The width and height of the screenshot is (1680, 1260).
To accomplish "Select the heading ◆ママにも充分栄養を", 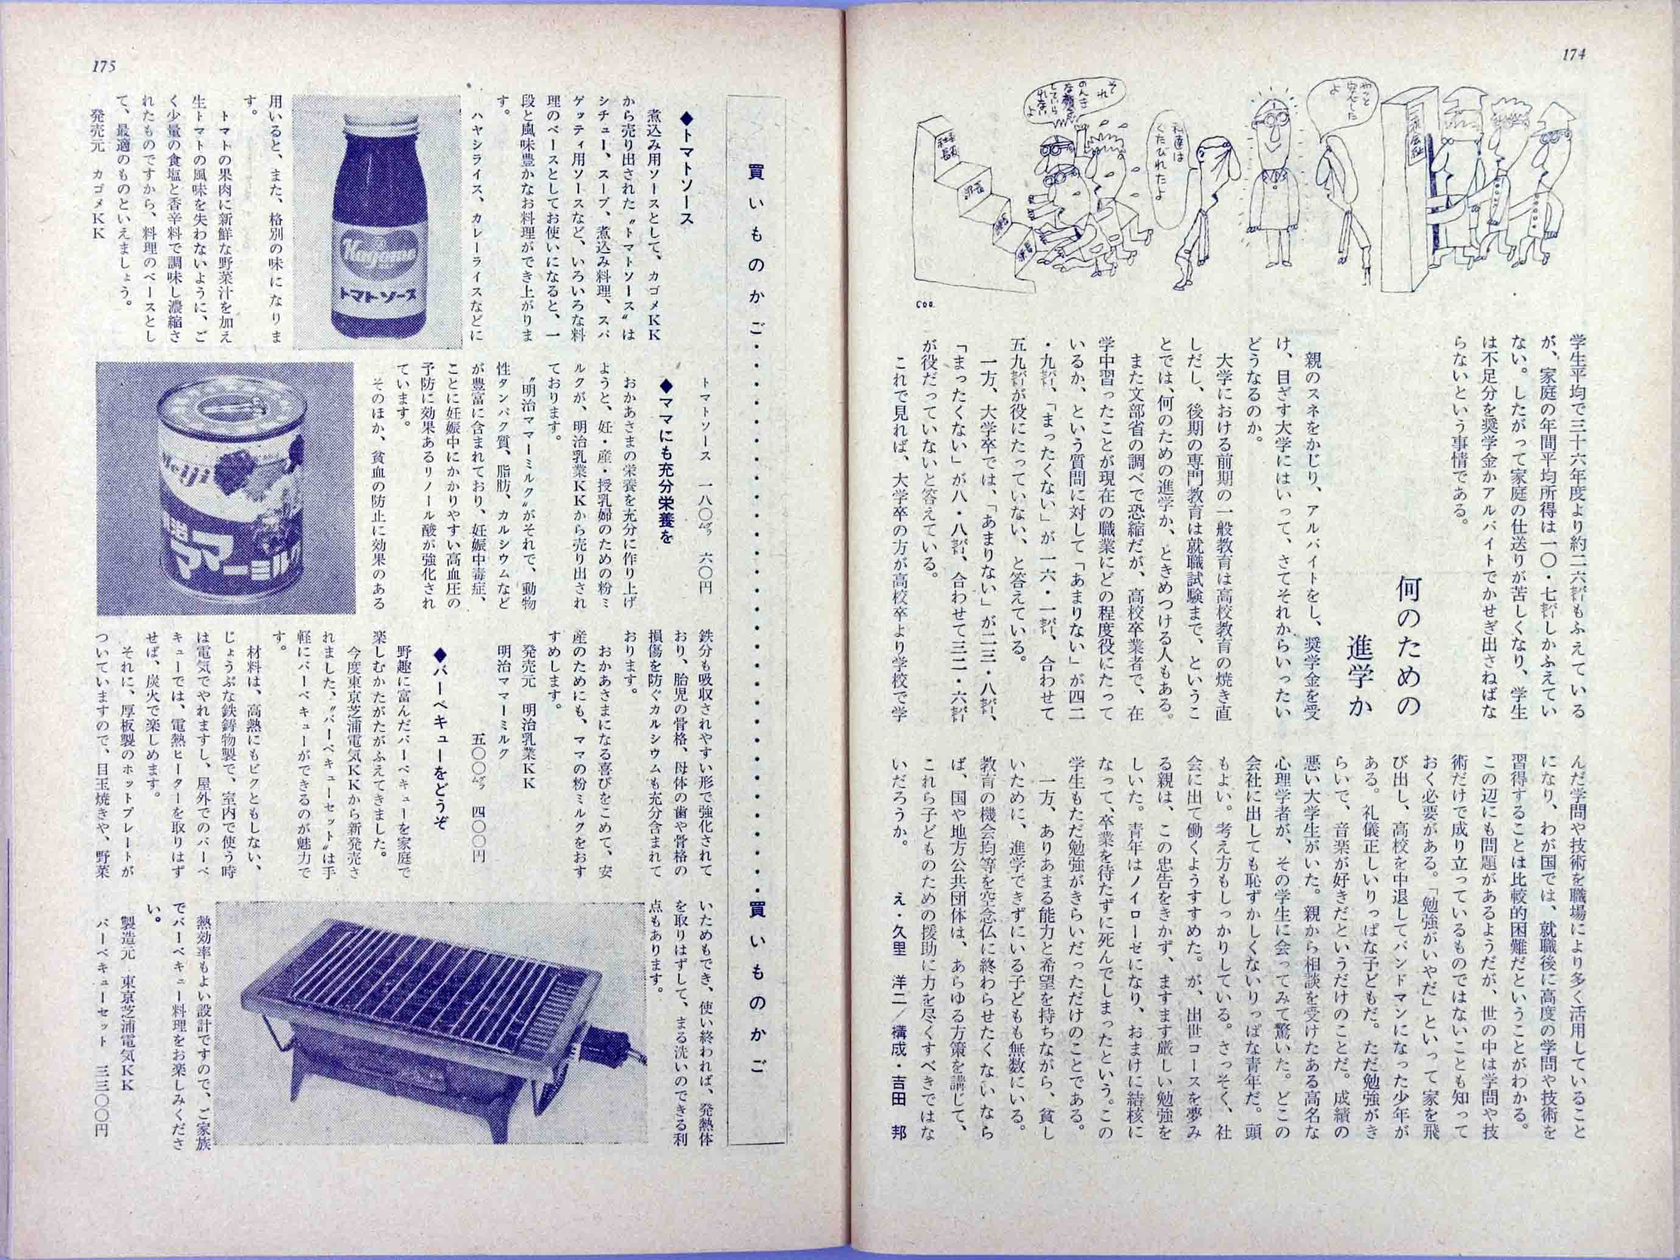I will click(668, 448).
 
